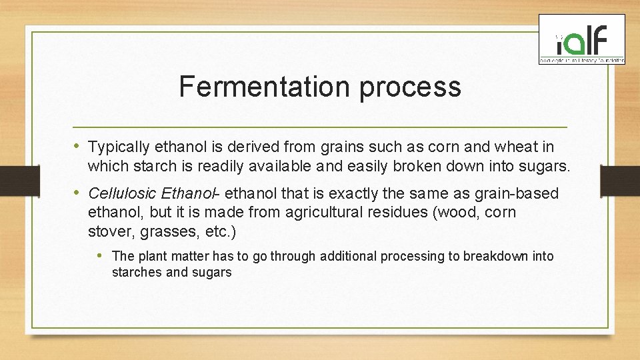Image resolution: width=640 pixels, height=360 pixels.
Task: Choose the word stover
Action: click(107, 232)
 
